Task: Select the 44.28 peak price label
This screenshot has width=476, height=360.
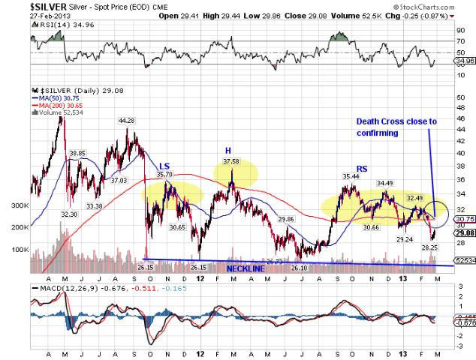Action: tap(125, 121)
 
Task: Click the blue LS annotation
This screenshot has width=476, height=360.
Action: tap(164, 165)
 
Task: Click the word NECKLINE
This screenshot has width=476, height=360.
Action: tap(248, 268)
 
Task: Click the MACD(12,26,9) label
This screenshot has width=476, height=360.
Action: tap(66, 288)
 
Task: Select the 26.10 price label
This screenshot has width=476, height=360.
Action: tap(299, 268)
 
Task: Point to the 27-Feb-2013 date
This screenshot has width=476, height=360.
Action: tap(23, 15)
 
